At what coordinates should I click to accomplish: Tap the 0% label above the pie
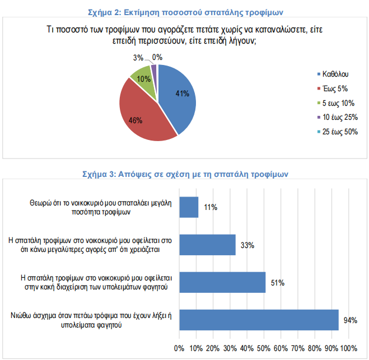click(157, 57)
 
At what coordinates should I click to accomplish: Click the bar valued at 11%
click(189, 207)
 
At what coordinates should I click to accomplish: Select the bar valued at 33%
click(207, 245)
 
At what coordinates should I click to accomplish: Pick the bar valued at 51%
click(222, 282)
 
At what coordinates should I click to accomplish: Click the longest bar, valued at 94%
click(259, 320)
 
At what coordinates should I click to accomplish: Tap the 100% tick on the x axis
click(348, 348)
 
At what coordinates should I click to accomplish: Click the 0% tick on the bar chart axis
click(180, 348)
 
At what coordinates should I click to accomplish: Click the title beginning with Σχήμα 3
click(185, 174)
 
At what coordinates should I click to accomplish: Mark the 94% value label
click(351, 320)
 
